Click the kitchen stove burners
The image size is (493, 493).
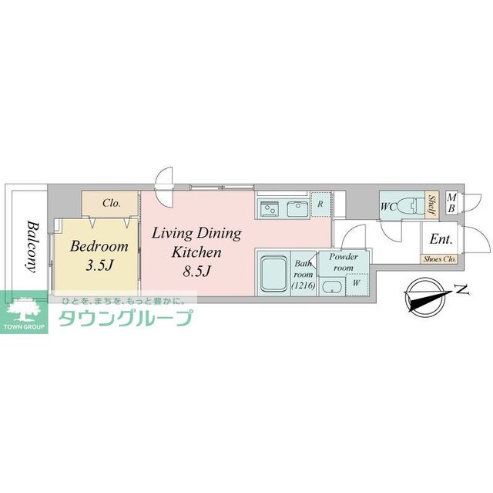270,207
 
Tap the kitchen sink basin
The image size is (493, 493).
297,207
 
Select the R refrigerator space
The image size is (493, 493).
320,204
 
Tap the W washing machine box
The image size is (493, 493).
355,282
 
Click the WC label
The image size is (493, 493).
388,206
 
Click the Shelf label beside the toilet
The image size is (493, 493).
432,206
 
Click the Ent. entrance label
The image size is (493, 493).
440,239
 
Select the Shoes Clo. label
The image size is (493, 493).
439,259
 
